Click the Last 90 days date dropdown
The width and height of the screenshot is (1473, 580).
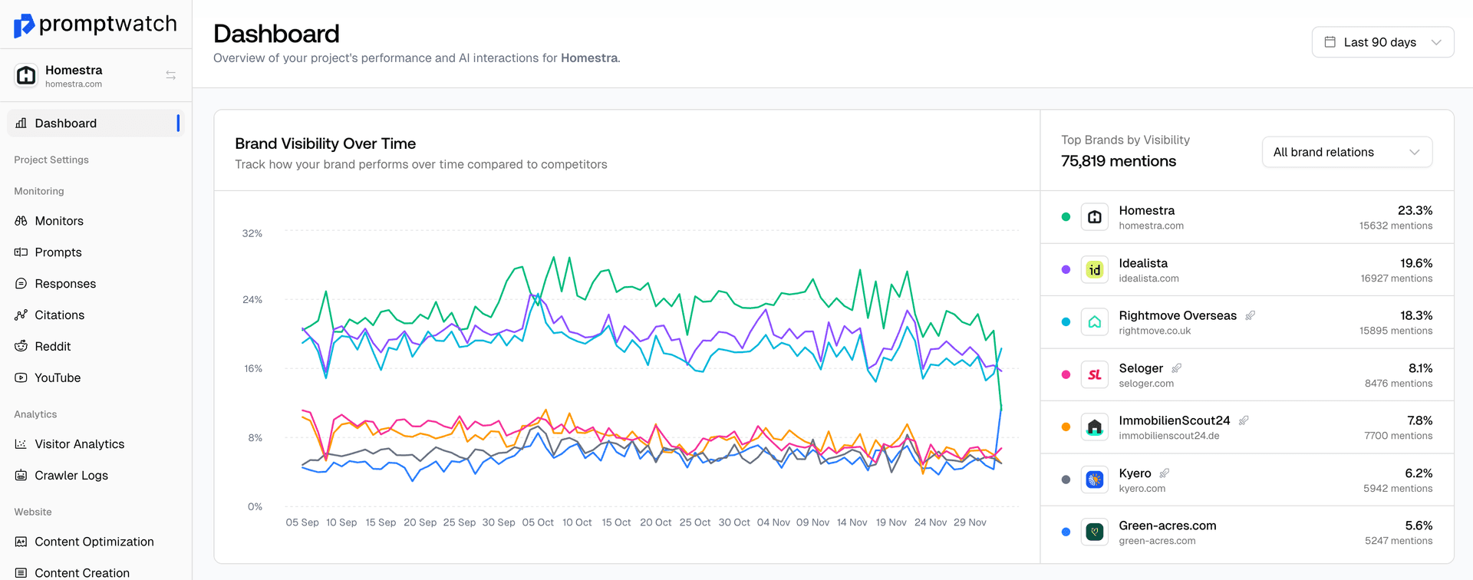pyautogui.click(x=1382, y=42)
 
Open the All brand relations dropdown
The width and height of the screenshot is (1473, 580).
pyautogui.click(x=1346, y=152)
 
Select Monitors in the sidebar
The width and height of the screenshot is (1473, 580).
pyautogui.click(x=59, y=221)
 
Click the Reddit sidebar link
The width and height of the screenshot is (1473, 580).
pyautogui.click(x=52, y=347)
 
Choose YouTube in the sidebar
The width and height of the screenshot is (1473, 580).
pyautogui.click(x=58, y=378)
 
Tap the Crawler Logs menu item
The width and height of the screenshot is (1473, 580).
pyautogui.click(x=71, y=476)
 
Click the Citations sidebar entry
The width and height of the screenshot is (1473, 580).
pyautogui.click(x=59, y=315)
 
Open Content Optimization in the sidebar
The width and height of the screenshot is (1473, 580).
pyautogui.click(x=94, y=542)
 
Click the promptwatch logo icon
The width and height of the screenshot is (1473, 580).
pyautogui.click(x=24, y=25)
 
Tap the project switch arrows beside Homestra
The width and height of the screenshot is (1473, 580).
pyautogui.click(x=171, y=75)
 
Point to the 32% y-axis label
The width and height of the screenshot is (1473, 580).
pyautogui.click(x=252, y=233)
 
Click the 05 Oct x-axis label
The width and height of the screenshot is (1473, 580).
pyautogui.click(x=538, y=522)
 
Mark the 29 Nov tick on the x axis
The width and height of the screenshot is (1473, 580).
pyautogui.click(x=970, y=522)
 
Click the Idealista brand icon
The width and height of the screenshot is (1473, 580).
pyautogui.click(x=1094, y=270)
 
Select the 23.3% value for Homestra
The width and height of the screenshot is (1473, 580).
pyautogui.click(x=1415, y=210)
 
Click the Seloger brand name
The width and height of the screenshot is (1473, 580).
pyautogui.click(x=1141, y=368)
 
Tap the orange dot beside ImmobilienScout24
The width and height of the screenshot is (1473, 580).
pyautogui.click(x=1066, y=427)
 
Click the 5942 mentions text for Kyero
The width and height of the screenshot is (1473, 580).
pyautogui.click(x=1397, y=489)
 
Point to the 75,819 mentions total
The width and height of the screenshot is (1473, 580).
pyautogui.click(x=1119, y=161)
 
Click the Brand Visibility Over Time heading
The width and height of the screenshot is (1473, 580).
pyautogui.click(x=325, y=143)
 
